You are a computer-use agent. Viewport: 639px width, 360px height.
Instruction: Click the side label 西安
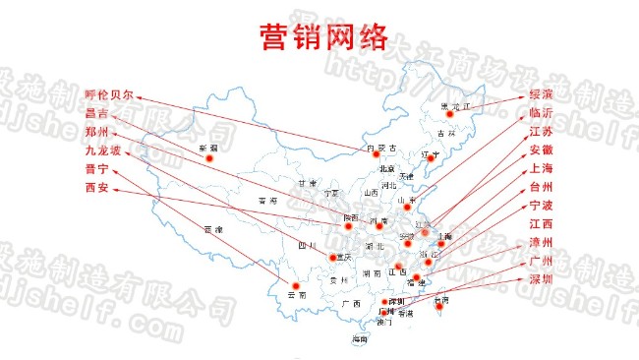tap(96, 187)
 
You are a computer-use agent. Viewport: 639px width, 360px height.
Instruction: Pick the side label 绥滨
tap(541, 94)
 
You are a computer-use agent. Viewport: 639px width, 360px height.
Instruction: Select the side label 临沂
tap(541, 113)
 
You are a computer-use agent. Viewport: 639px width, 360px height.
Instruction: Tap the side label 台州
tap(541, 187)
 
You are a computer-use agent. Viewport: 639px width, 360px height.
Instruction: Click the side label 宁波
tap(541, 206)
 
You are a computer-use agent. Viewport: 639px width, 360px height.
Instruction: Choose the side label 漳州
tap(541, 242)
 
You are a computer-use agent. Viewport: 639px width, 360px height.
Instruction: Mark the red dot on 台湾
tap(439, 307)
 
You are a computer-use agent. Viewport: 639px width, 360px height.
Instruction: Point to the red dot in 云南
tap(289, 287)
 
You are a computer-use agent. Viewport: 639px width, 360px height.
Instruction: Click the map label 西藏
tap(213, 229)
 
